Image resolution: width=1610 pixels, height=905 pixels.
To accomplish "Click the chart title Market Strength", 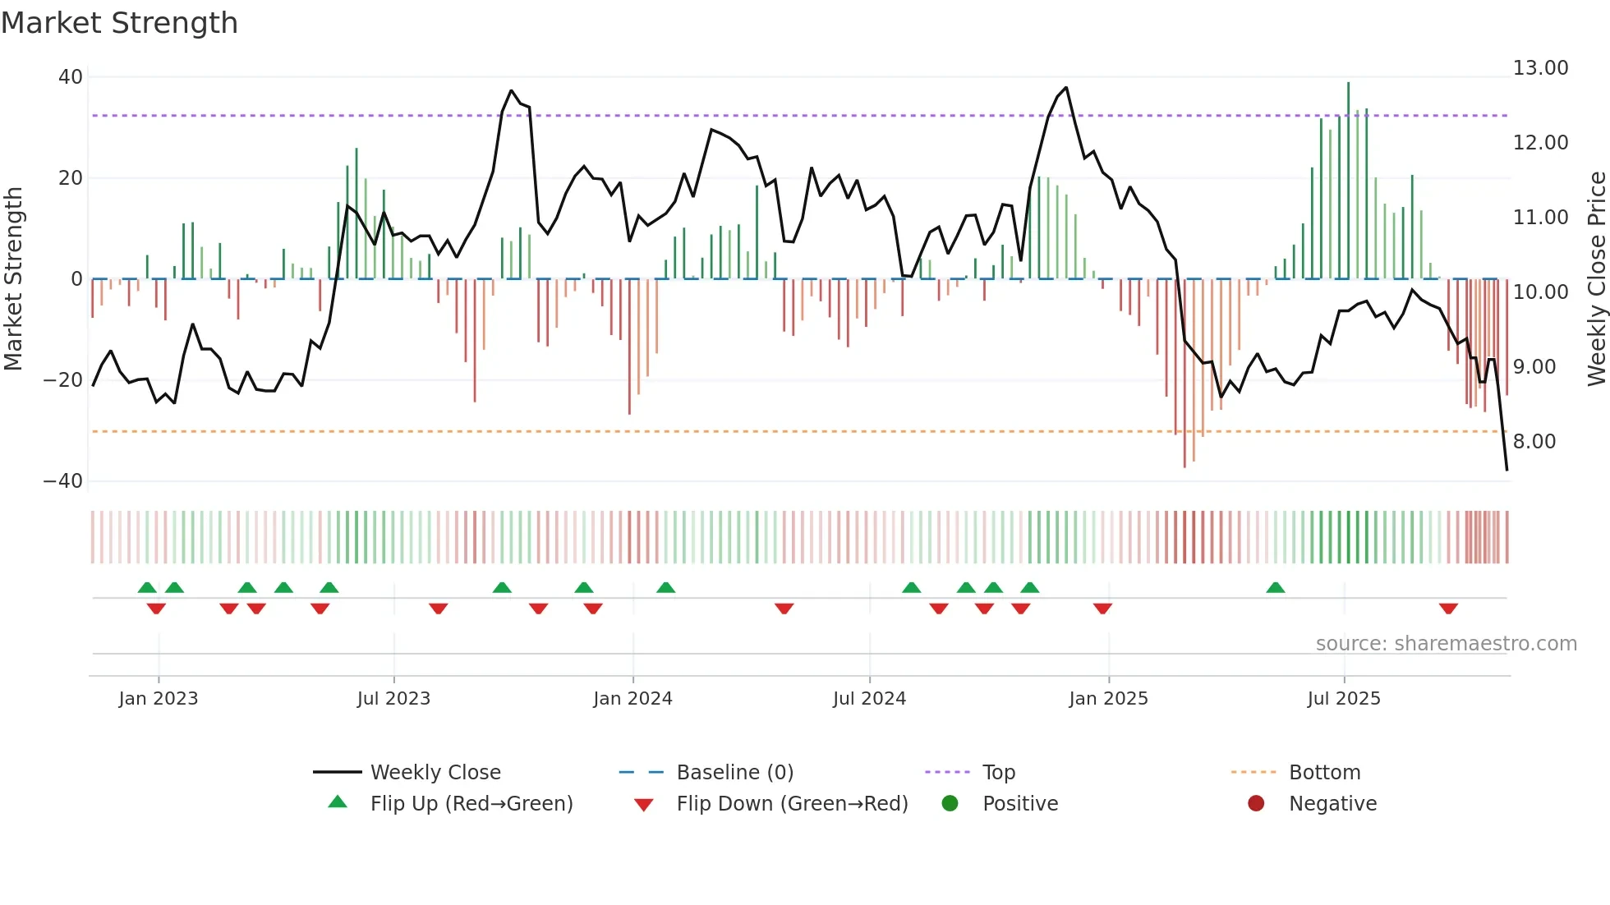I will tap(119, 23).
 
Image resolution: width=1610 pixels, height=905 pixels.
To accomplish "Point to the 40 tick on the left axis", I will tap(71, 77).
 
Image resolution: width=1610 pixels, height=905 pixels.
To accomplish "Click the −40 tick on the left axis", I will tap(63, 481).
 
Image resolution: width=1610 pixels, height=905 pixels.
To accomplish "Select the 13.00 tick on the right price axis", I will tap(1540, 68).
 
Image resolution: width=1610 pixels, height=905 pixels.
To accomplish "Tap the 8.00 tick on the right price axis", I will tap(1534, 442).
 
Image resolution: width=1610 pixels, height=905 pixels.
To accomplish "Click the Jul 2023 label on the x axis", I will tap(393, 699).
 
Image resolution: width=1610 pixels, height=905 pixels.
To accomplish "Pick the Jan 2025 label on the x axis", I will tap(1108, 699).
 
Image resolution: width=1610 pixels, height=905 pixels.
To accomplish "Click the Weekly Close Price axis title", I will tap(1596, 279).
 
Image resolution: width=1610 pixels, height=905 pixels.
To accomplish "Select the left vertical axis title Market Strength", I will tap(13, 279).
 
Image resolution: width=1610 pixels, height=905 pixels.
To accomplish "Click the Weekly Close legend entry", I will tap(435, 773).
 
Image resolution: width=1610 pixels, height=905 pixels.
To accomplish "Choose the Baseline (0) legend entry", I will tap(734, 773).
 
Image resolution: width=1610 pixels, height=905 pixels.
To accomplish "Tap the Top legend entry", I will tap(998, 773).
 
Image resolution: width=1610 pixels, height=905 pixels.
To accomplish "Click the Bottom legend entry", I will tap(1324, 773).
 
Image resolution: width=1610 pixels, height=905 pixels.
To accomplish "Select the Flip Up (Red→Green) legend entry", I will tap(471, 804).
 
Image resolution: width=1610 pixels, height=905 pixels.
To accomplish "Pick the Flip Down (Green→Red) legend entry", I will tap(792, 804).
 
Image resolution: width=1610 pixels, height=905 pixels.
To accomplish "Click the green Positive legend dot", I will tap(950, 804).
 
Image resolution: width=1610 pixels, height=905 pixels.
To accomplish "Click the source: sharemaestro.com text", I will tap(1446, 644).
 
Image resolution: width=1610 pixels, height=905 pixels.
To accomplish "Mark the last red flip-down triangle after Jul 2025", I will tap(1448, 609).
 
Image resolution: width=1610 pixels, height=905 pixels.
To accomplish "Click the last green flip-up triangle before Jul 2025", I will tap(1276, 588).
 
